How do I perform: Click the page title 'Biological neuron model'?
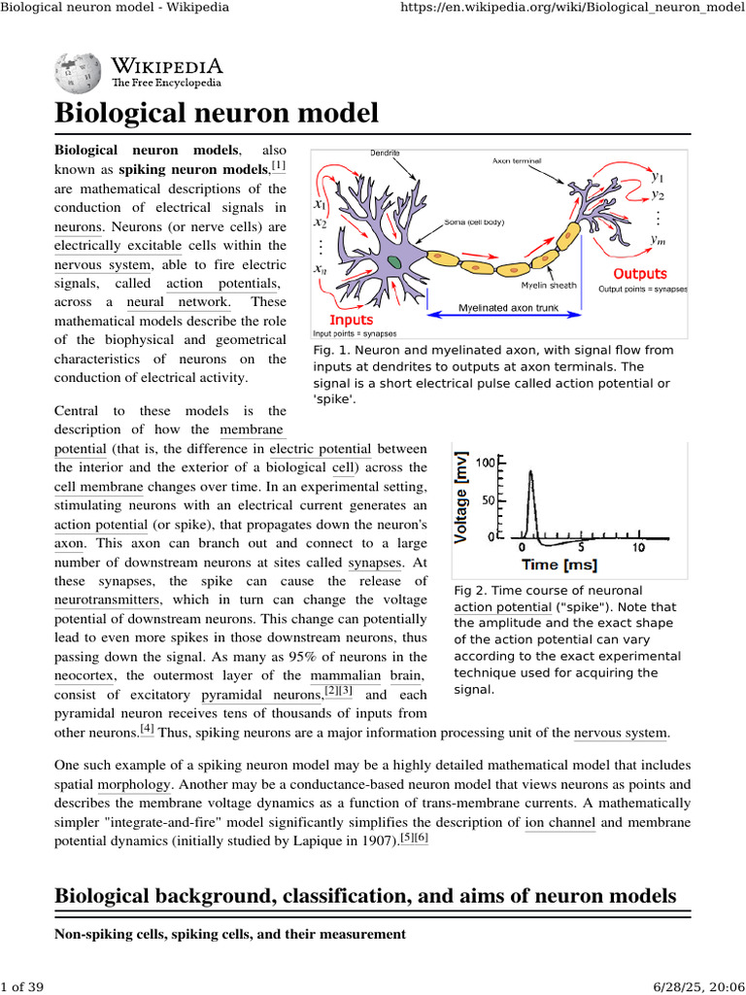tap(216, 113)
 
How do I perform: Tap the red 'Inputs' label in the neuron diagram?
tap(351, 319)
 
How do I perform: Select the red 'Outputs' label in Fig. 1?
tap(640, 274)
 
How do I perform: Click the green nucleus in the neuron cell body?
tap(393, 261)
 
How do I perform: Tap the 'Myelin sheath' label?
tap(549, 286)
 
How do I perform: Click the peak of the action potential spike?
tap(529, 472)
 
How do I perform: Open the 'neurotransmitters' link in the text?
tap(108, 600)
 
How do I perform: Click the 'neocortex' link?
tap(85, 675)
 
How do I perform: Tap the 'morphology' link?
tap(136, 783)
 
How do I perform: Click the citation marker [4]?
tap(147, 729)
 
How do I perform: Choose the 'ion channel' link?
tap(560, 822)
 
